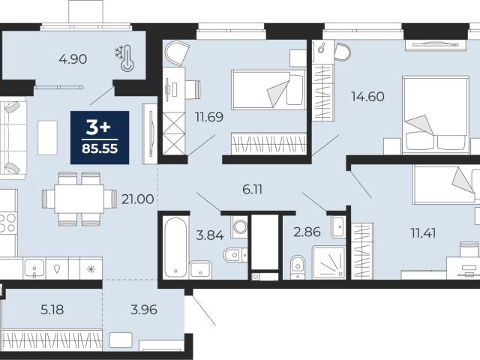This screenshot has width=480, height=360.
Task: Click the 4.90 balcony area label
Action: (x=73, y=59)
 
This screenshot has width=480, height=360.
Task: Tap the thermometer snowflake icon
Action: (x=124, y=58)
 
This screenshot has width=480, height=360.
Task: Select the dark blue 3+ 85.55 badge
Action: (x=100, y=138)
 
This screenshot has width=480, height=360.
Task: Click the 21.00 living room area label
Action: (x=137, y=199)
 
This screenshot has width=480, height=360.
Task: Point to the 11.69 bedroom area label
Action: (x=209, y=117)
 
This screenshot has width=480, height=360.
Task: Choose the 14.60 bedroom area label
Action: (x=367, y=97)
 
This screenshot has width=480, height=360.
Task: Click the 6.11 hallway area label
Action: (x=252, y=190)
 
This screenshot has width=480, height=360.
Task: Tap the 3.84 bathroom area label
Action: (x=210, y=235)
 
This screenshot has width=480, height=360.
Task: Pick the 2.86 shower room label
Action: (x=307, y=232)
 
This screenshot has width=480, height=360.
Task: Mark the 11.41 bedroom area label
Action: (x=423, y=233)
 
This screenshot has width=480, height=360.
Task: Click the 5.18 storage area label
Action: (x=52, y=310)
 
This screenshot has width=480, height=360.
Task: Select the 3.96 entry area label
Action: (x=144, y=310)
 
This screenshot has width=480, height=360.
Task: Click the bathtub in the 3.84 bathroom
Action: (x=175, y=247)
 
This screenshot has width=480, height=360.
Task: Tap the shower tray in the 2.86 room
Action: (x=328, y=262)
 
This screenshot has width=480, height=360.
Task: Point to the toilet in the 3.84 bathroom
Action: (x=235, y=254)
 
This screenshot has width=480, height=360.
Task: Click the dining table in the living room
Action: (x=79, y=199)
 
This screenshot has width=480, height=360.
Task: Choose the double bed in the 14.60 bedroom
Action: (x=436, y=115)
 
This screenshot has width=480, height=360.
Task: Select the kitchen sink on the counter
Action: (x=34, y=268)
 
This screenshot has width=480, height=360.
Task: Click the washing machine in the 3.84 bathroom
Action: (x=239, y=226)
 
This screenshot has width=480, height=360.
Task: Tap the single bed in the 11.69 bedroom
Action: (x=268, y=90)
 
